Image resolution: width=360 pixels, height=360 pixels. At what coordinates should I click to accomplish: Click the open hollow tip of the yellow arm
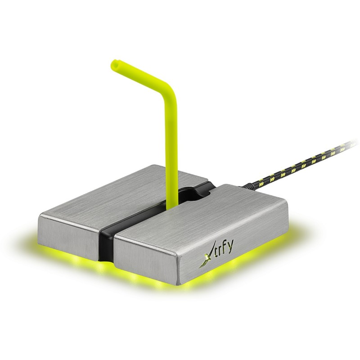[x=115, y=65]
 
